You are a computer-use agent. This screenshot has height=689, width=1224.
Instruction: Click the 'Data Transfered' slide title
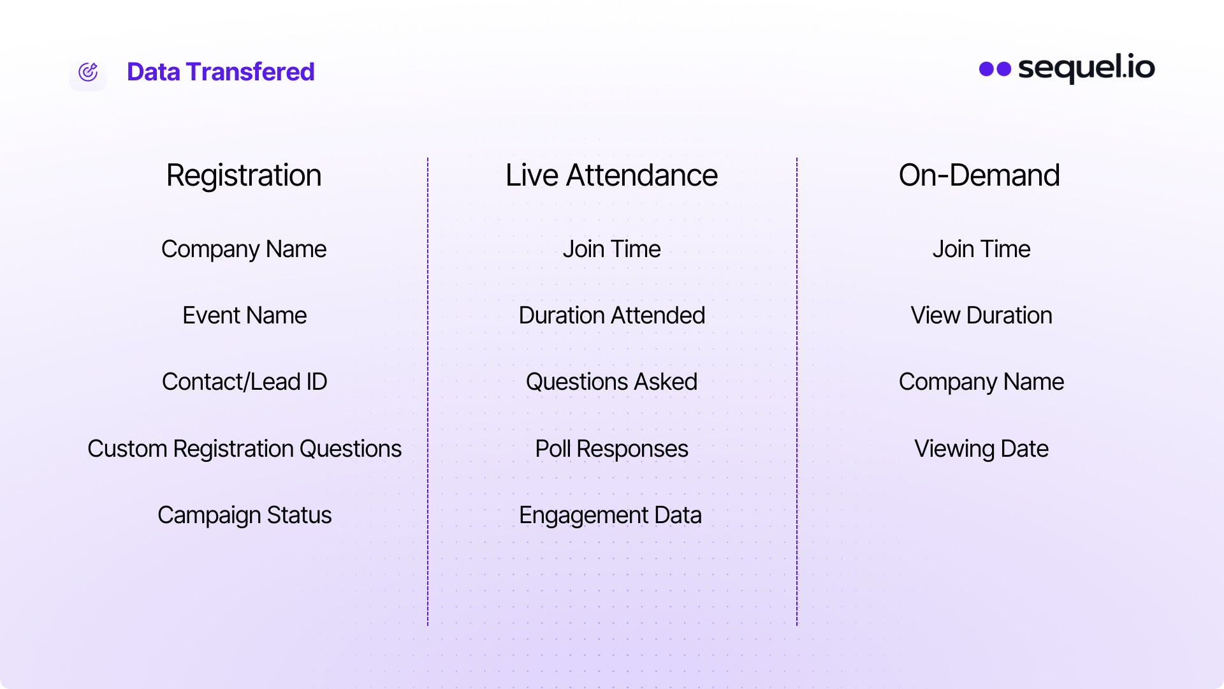click(x=221, y=71)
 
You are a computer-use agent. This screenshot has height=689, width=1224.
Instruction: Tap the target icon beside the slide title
click(x=88, y=72)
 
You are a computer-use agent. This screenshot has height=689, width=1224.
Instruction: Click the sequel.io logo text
click(x=1086, y=68)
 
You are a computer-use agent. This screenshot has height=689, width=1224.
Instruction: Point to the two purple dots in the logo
click(x=995, y=69)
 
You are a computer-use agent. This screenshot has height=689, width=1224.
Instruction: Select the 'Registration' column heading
click(x=244, y=175)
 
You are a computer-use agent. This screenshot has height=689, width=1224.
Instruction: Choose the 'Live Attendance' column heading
click(x=611, y=175)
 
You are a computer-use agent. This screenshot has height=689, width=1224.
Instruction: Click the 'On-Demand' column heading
click(x=979, y=175)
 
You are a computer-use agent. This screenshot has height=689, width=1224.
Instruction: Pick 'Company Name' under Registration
click(x=244, y=249)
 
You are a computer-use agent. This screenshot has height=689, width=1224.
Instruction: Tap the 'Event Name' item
click(x=244, y=315)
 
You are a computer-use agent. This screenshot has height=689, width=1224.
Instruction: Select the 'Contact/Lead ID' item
click(x=244, y=382)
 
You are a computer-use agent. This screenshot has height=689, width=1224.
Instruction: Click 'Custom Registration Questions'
click(x=244, y=449)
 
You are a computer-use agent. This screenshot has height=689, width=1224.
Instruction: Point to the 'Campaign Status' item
click(x=244, y=515)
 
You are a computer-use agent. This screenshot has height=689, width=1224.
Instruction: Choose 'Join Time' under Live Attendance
click(x=611, y=249)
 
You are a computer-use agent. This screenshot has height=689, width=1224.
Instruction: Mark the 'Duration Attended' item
click(x=611, y=315)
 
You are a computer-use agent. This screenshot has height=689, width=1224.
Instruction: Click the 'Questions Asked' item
click(x=611, y=382)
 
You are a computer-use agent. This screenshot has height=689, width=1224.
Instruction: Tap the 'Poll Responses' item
click(x=611, y=449)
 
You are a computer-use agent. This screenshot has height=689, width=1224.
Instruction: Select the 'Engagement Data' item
click(x=610, y=515)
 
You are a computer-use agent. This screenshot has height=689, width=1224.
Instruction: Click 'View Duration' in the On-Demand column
click(x=981, y=315)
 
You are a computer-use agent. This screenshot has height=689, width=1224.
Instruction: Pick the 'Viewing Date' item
click(x=981, y=449)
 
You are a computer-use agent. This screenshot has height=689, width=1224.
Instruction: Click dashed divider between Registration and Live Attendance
click(x=428, y=392)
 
